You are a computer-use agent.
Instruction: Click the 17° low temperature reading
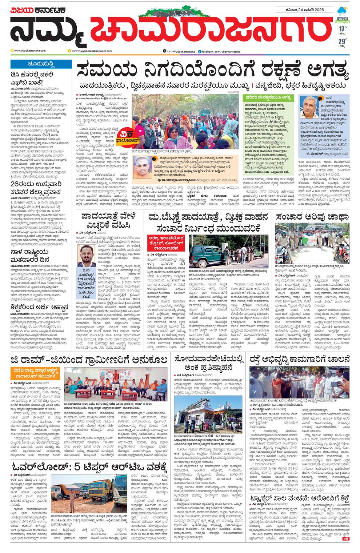341,29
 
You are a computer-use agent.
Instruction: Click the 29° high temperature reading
342,41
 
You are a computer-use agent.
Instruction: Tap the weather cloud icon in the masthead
342,11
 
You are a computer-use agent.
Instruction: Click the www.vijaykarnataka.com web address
30,51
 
